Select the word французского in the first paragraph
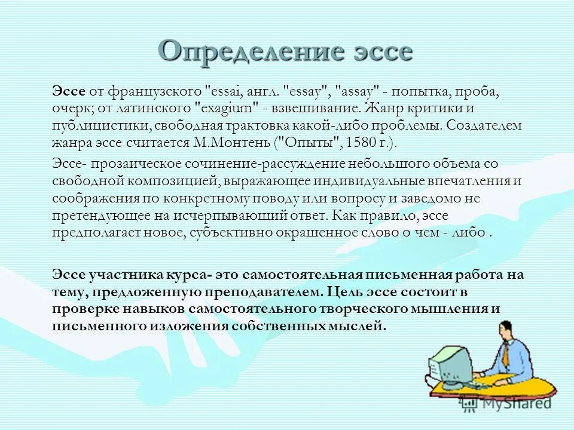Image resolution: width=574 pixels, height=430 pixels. tap(154, 93)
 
